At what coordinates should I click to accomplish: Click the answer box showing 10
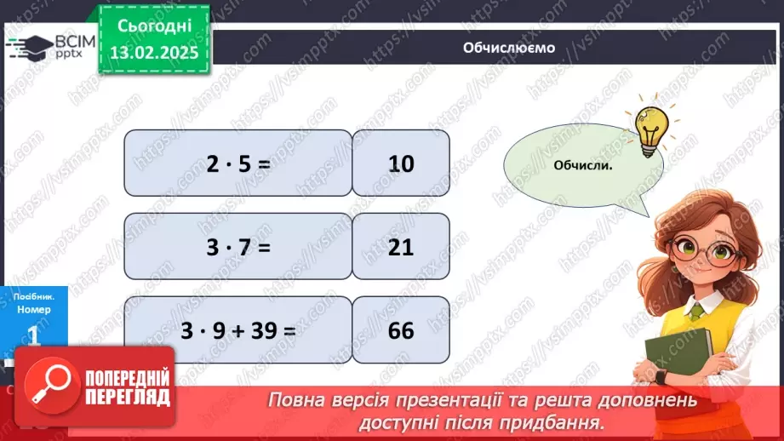401,163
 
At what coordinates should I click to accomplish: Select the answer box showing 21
401,246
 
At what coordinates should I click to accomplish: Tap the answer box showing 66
401,329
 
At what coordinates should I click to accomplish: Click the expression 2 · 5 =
237,163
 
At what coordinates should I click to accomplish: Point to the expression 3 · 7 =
237,246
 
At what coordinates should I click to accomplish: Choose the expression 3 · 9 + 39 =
237,329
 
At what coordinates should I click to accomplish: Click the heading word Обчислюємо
509,48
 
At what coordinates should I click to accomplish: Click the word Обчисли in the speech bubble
583,164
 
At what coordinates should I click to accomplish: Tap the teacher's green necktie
696,312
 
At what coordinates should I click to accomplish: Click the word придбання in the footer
564,421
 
